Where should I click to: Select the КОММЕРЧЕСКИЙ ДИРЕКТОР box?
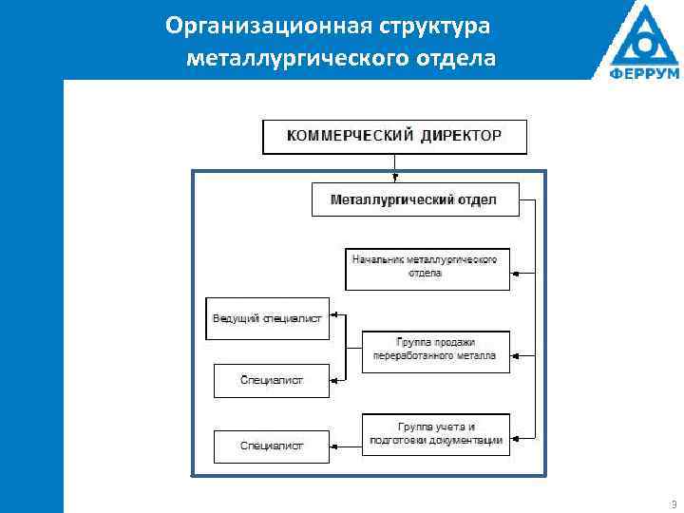point(394,137)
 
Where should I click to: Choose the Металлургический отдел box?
point(415,199)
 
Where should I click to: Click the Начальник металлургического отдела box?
point(427,268)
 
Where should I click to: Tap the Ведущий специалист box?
point(267,318)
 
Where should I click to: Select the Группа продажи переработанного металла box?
point(435,351)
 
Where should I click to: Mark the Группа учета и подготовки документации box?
point(435,434)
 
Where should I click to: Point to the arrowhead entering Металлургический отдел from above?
point(394,178)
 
